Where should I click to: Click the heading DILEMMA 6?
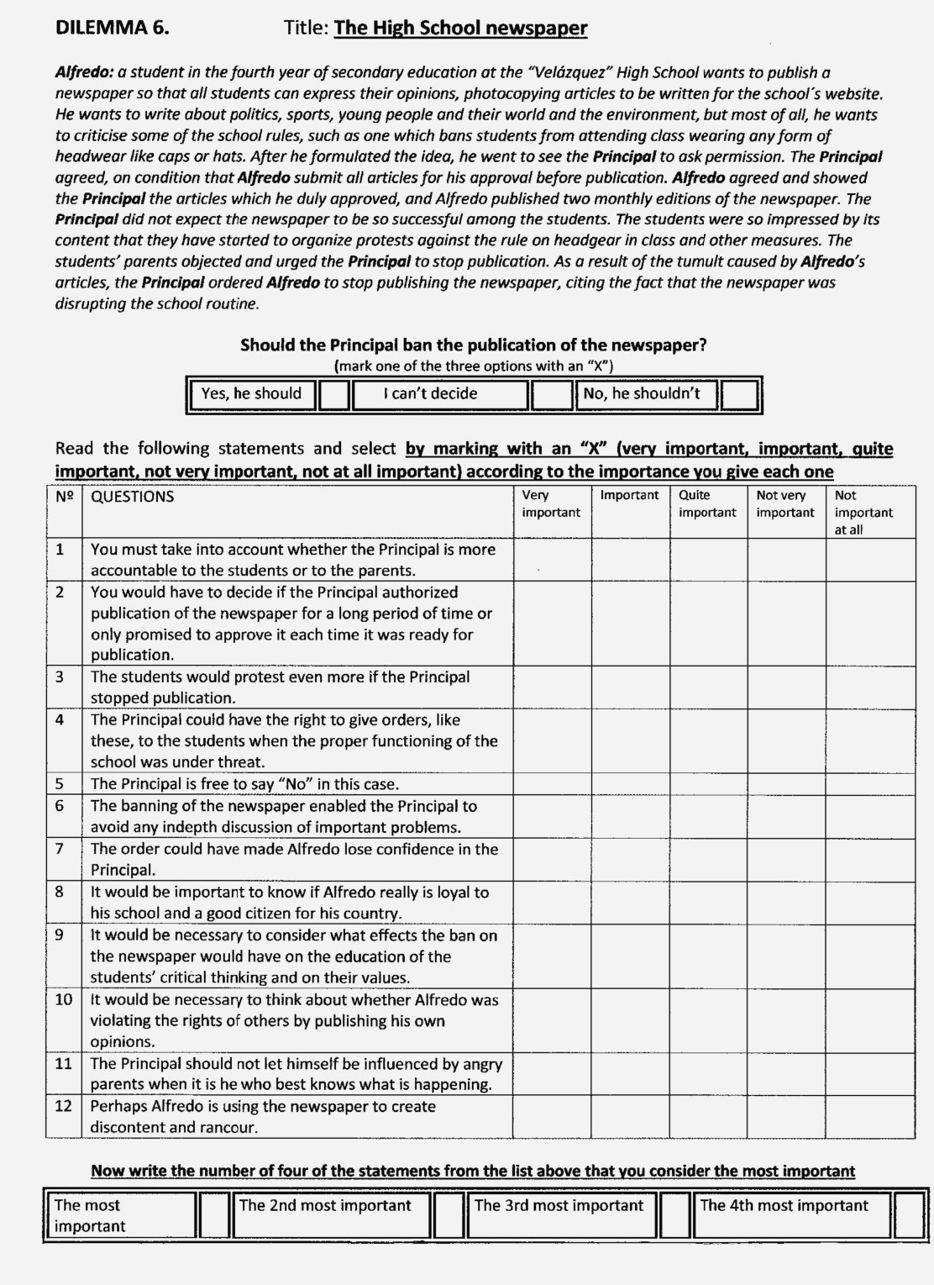click(x=112, y=27)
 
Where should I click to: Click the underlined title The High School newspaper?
click(x=460, y=28)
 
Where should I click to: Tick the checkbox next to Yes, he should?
click(x=333, y=394)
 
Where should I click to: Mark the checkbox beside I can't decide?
click(x=551, y=394)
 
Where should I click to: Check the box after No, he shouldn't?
click(x=740, y=394)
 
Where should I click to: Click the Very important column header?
click(x=551, y=504)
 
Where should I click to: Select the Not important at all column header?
click(x=863, y=512)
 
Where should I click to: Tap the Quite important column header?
click(x=707, y=504)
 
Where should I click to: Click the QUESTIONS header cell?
click(x=133, y=497)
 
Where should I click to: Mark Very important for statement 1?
click(x=552, y=560)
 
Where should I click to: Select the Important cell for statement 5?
click(x=630, y=784)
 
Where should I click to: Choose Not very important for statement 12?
click(x=786, y=1116)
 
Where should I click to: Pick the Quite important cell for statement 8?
click(x=708, y=903)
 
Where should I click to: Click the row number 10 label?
click(x=64, y=999)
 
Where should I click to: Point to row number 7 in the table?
click(x=60, y=848)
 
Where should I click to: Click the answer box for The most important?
click(x=215, y=1215)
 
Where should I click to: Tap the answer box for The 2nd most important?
click(x=449, y=1215)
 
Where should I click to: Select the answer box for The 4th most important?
click(x=908, y=1215)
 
